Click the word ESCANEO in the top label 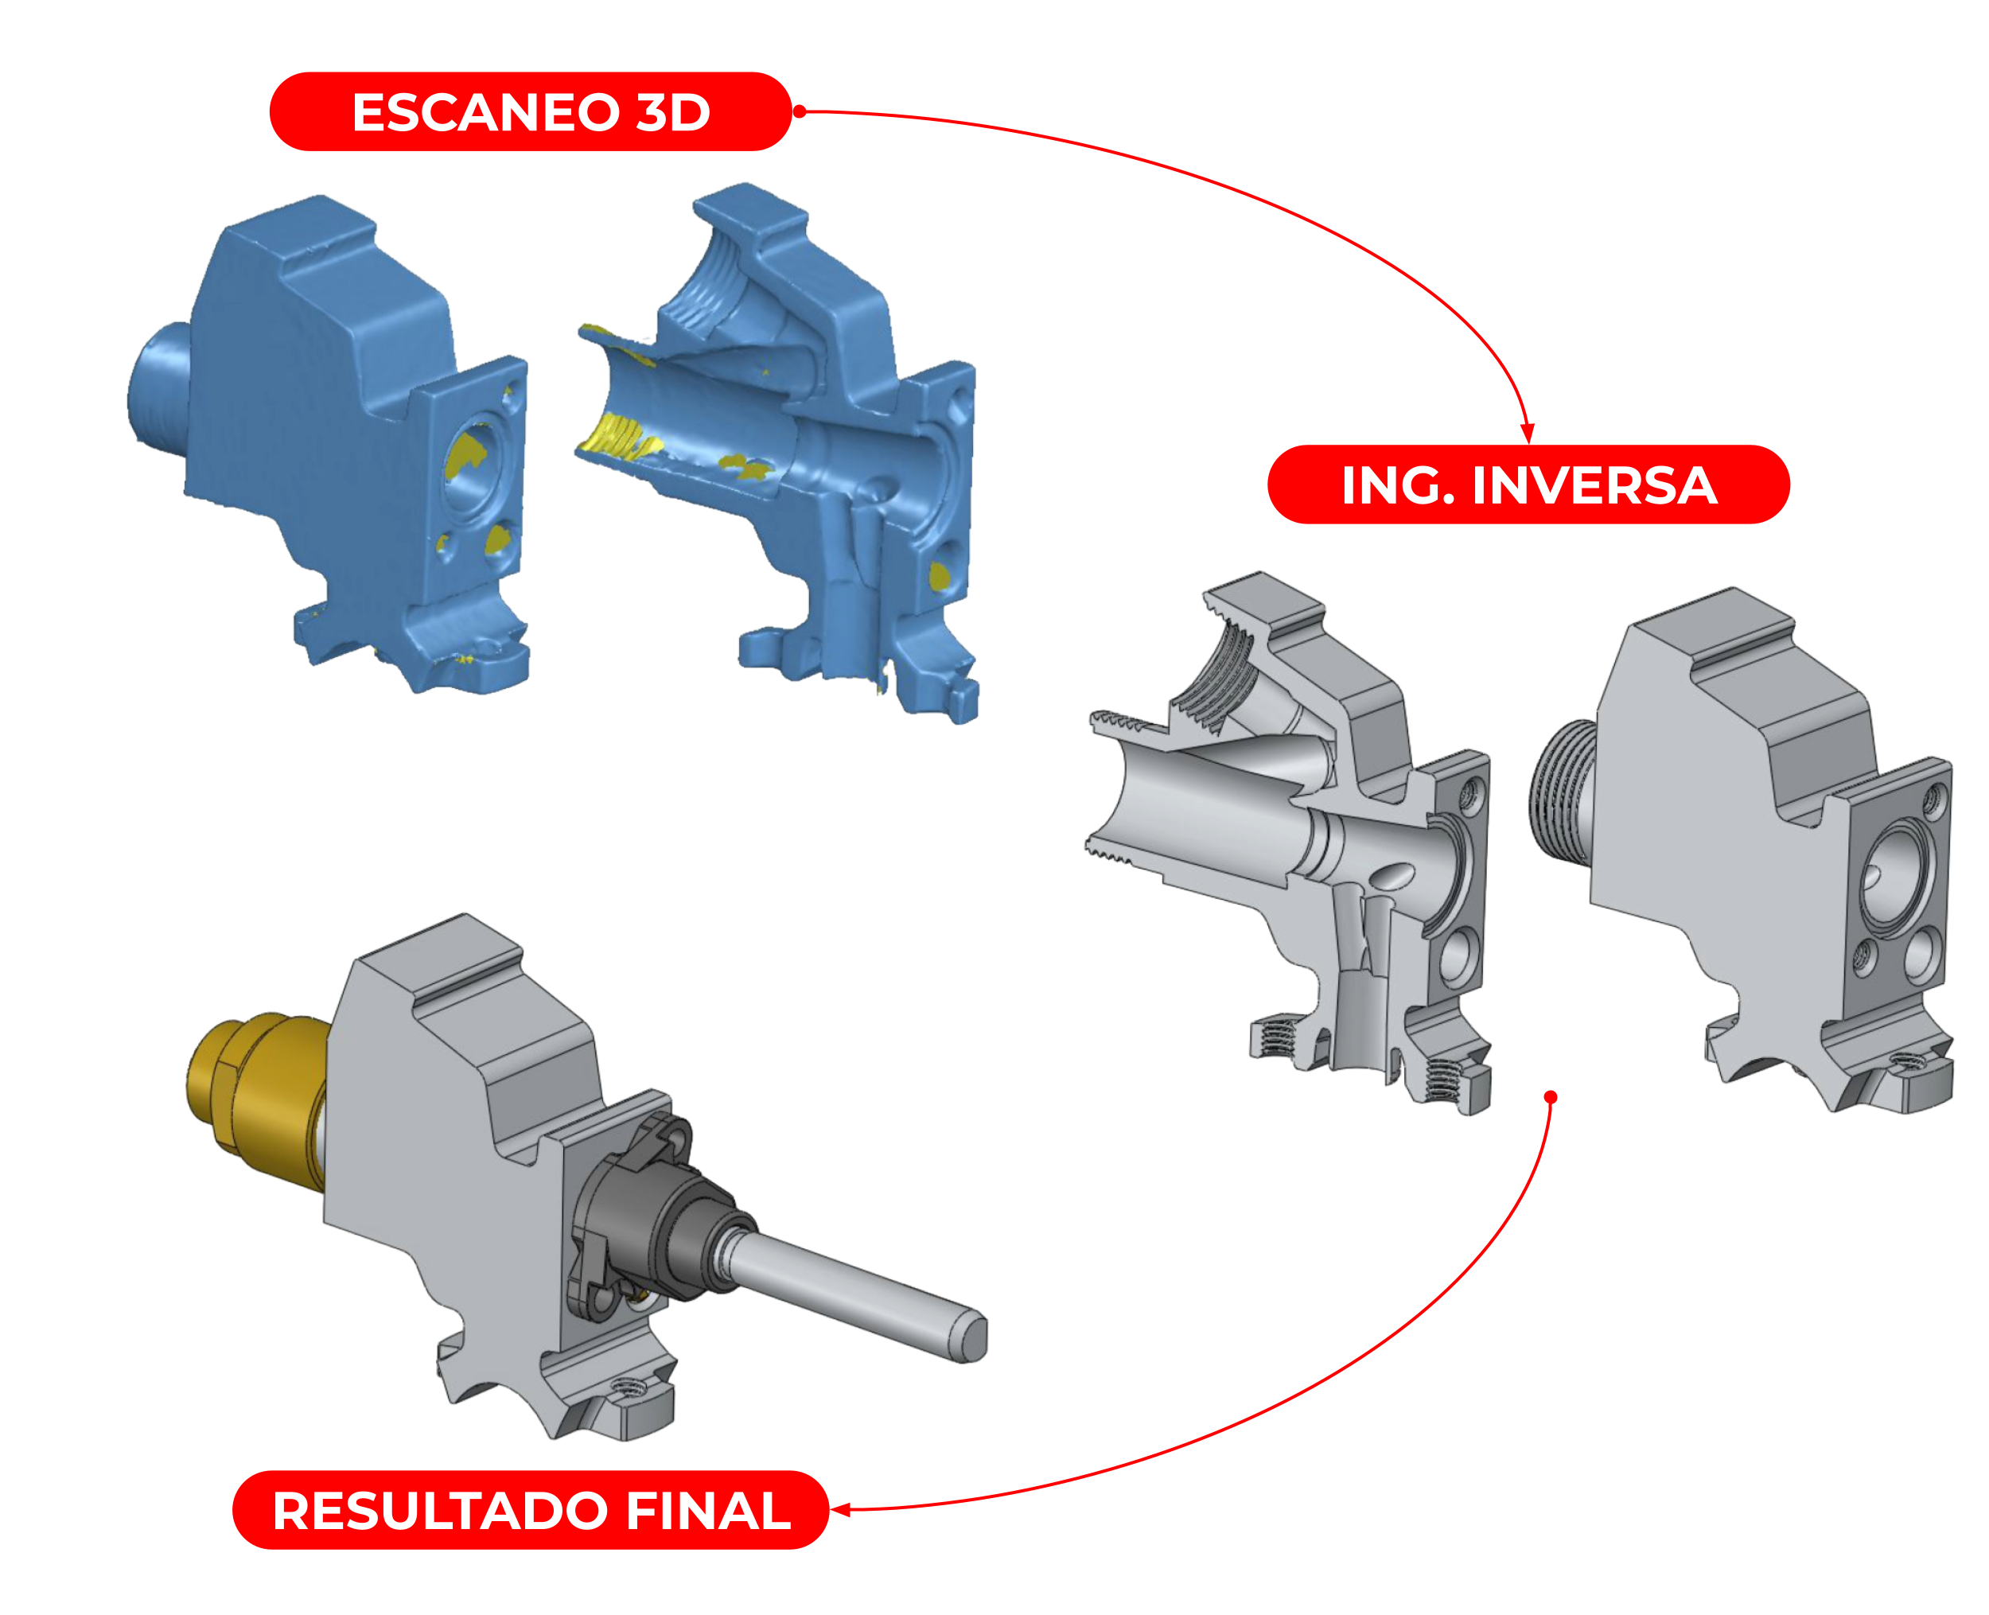tap(485, 112)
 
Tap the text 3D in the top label tap(672, 112)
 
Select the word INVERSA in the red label tap(1594, 485)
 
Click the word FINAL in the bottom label tap(708, 1511)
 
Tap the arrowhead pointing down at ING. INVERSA tap(1527, 433)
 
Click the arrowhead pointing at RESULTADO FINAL tap(840, 1510)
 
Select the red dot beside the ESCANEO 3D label tap(799, 111)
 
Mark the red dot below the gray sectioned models tap(1550, 1097)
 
